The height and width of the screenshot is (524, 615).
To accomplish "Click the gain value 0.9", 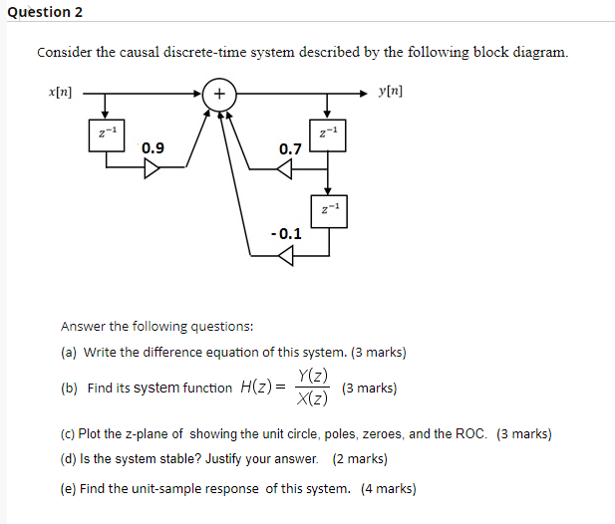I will click(154, 148).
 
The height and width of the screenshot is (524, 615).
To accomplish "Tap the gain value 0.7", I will click(290, 149).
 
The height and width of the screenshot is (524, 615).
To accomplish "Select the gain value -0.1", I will click(286, 235).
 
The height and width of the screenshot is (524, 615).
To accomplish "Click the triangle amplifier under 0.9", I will click(152, 168).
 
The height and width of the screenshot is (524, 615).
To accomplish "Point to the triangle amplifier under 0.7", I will click(285, 168).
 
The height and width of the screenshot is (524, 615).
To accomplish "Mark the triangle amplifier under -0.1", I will click(285, 256).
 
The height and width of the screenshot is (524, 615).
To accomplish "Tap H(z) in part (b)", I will click(255, 388).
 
